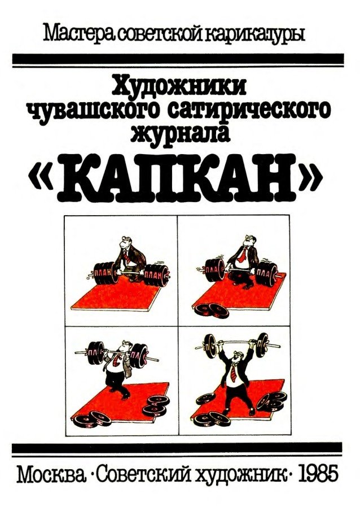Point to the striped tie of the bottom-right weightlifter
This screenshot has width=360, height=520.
234,373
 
